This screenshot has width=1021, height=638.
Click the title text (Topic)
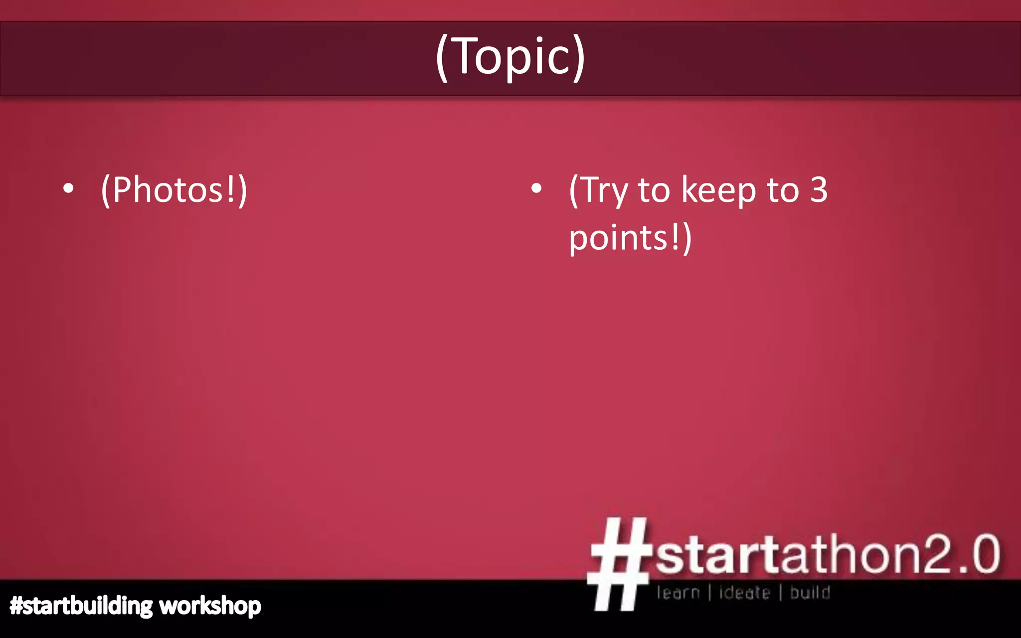tap(510, 57)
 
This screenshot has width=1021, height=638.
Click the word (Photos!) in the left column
tap(174, 190)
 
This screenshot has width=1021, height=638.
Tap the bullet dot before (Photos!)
tap(69, 188)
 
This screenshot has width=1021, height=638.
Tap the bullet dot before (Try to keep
tap(536, 188)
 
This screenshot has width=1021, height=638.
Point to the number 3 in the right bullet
tap(819, 189)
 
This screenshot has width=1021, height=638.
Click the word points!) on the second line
tap(630, 238)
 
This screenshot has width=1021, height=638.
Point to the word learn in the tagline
tap(678, 593)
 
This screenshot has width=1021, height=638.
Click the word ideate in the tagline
tap(744, 593)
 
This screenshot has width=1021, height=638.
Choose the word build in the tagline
tap(810, 593)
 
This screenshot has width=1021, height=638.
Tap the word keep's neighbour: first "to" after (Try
tap(654, 190)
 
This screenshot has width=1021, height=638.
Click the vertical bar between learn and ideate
tap(709, 593)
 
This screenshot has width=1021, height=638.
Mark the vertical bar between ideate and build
tap(781, 593)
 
